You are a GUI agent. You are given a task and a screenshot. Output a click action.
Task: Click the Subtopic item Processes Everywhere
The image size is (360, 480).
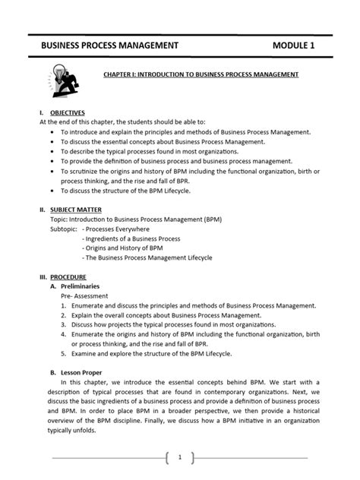[x=116, y=228]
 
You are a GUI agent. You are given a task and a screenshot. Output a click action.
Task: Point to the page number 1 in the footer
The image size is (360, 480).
[x=179, y=458]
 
